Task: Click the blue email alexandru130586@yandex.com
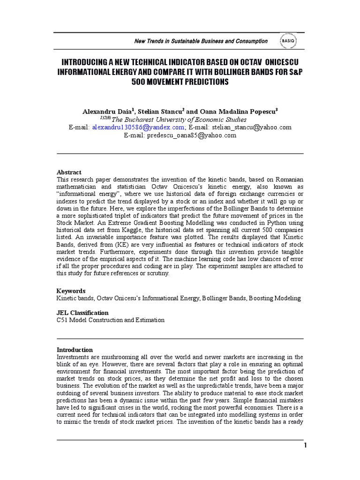coord(138,127)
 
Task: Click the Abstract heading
coord(69,172)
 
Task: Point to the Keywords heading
coord(71,291)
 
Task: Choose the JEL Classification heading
coord(82,313)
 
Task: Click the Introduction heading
coord(75,350)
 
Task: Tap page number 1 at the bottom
coord(305,445)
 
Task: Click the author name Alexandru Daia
coord(107,111)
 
